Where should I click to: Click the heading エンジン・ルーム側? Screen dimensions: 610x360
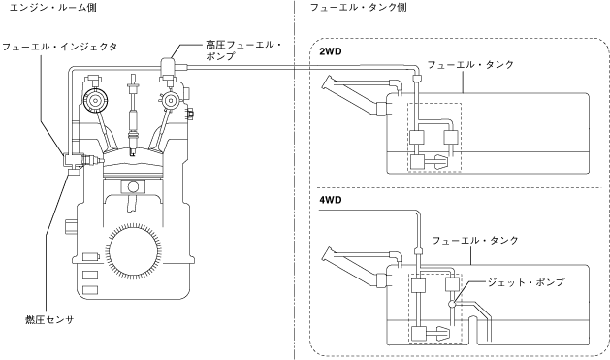pos(52,8)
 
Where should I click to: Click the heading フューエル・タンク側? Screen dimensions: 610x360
pos(358,8)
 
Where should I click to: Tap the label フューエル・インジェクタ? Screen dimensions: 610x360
pos(59,48)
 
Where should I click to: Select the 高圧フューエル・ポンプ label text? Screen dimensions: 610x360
pos(243,50)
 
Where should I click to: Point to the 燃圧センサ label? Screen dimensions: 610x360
pos(49,320)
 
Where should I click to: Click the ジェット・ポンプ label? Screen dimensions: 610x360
pos(526,282)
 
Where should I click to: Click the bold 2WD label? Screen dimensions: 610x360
pos(331,51)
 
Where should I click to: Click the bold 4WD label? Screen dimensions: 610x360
pos(331,200)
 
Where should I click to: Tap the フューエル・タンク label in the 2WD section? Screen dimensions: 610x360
pos(470,65)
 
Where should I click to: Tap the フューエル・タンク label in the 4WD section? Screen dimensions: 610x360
pos(475,240)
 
